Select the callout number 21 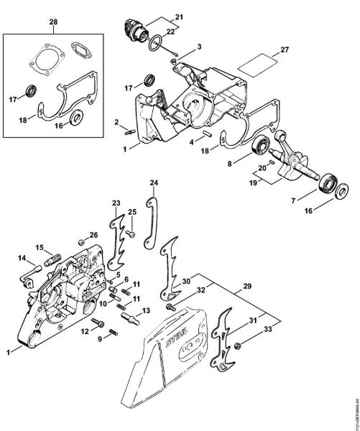pos(179,17)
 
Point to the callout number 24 pos(152,184)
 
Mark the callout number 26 pos(94,235)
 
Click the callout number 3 pos(200,46)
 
